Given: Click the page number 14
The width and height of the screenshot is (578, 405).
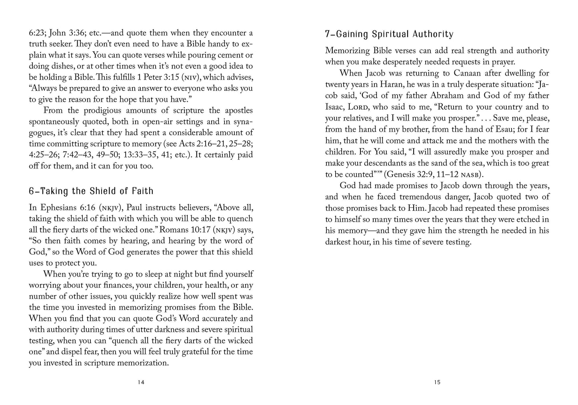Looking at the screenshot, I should click(141, 382).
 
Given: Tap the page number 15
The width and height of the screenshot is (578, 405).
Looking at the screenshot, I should click(437, 382).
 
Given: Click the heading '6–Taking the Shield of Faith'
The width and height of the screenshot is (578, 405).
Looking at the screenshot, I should click(91, 191).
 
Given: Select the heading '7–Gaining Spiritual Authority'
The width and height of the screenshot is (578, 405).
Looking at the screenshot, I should click(389, 34).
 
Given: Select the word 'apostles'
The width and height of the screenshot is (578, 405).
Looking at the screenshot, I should click(236, 110).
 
